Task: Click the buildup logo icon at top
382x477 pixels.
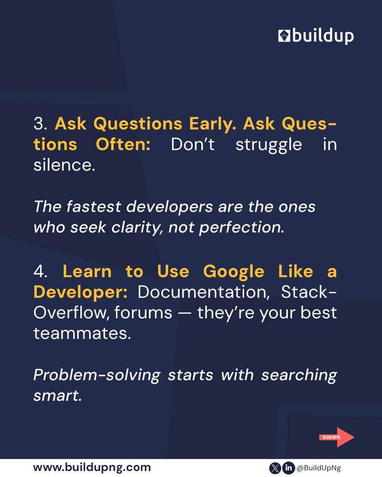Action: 285,37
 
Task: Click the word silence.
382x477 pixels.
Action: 64,165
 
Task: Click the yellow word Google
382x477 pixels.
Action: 233,272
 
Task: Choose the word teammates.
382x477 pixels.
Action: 82,333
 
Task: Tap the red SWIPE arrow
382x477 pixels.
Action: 336,437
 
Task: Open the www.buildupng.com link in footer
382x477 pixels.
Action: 92,467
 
